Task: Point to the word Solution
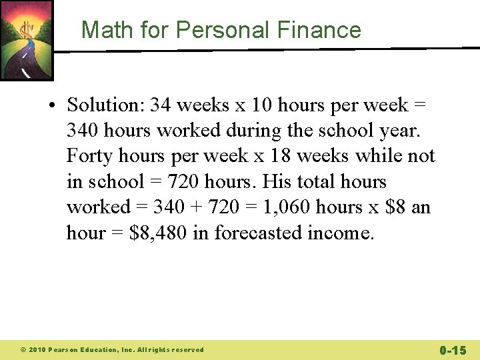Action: tap(105, 105)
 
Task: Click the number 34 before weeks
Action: tap(161, 105)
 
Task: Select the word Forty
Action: tap(87, 156)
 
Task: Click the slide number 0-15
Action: tap(453, 350)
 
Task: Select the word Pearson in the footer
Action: tap(65, 350)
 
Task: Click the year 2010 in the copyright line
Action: tap(37, 350)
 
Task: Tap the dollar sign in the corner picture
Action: tap(27, 31)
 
